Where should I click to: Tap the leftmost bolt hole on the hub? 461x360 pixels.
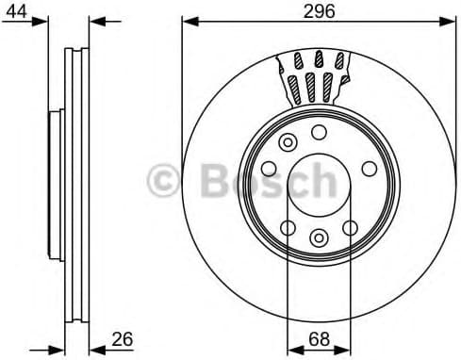tap(268, 169)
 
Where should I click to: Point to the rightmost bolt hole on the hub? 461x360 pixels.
tap(369, 169)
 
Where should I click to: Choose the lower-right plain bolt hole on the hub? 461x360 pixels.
tap(351, 227)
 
